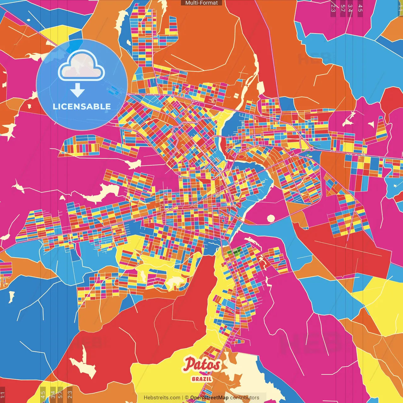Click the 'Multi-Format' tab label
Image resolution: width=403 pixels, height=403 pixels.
tap(201, 3)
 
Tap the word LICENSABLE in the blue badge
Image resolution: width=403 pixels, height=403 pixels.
tap(82, 106)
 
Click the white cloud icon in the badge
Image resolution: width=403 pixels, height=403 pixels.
tap(82, 66)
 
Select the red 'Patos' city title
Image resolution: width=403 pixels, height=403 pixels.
tap(202, 365)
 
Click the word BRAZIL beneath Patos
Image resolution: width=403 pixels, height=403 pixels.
tap(202, 379)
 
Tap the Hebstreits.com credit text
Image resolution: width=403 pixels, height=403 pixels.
tap(162, 398)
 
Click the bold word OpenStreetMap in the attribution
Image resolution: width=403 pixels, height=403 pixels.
tap(209, 398)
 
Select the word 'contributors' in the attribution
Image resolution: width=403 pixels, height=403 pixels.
tap(245, 398)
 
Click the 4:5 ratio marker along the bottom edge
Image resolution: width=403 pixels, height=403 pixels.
tap(43, 394)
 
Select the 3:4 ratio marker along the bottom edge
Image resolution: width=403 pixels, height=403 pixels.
tap(53, 394)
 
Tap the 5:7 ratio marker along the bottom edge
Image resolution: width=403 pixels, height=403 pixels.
tap(60, 394)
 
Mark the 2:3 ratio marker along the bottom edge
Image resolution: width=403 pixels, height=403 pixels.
tap(70, 394)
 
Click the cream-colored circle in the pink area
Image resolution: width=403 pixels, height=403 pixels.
tap(271, 219)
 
